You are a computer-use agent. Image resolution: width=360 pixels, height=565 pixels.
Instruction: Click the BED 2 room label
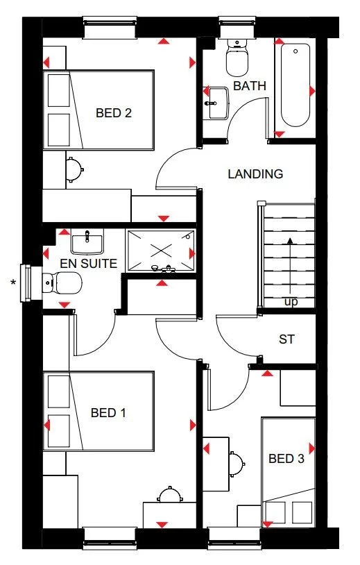pyautogui.click(x=113, y=112)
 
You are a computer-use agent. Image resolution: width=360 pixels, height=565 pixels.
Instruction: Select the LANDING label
pyautogui.click(x=255, y=174)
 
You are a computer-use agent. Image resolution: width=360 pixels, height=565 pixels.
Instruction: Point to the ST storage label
pyautogui.click(x=286, y=339)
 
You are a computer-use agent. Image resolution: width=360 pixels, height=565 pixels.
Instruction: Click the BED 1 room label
pyautogui.click(x=108, y=413)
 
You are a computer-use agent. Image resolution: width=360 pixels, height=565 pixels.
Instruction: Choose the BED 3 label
pyautogui.click(x=286, y=459)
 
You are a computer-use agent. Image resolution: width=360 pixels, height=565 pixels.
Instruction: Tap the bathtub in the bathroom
pyautogui.click(x=295, y=85)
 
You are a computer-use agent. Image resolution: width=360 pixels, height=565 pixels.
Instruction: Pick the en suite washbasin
pyautogui.click(x=87, y=242)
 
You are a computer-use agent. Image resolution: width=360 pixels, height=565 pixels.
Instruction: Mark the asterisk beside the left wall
pyautogui.click(x=12, y=282)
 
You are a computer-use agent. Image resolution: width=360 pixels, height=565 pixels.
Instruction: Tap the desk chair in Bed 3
pyautogui.click(x=237, y=460)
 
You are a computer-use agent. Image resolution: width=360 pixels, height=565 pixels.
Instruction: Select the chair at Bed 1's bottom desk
pyautogui.click(x=169, y=495)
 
